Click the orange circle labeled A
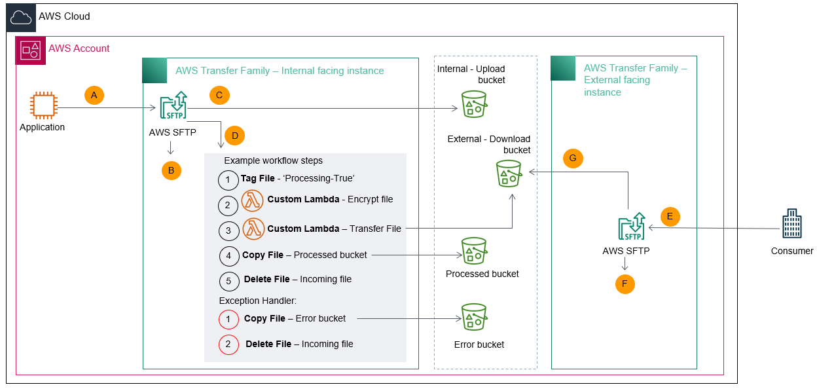[x=94, y=96]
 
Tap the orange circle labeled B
[x=171, y=170]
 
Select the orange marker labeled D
[x=234, y=136]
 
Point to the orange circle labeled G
[x=573, y=158]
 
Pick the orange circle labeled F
[x=625, y=284]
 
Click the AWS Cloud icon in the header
[x=21, y=18]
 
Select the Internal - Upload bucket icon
[x=474, y=104]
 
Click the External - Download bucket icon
[x=509, y=174]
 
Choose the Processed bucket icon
[x=474, y=251]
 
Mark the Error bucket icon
[x=474, y=317]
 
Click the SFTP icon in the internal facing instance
[x=173, y=107]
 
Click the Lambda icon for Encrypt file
[x=253, y=201]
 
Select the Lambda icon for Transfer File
[x=253, y=229]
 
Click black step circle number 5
[x=228, y=281]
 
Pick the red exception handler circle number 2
[x=228, y=344]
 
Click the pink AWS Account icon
[x=30, y=49]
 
